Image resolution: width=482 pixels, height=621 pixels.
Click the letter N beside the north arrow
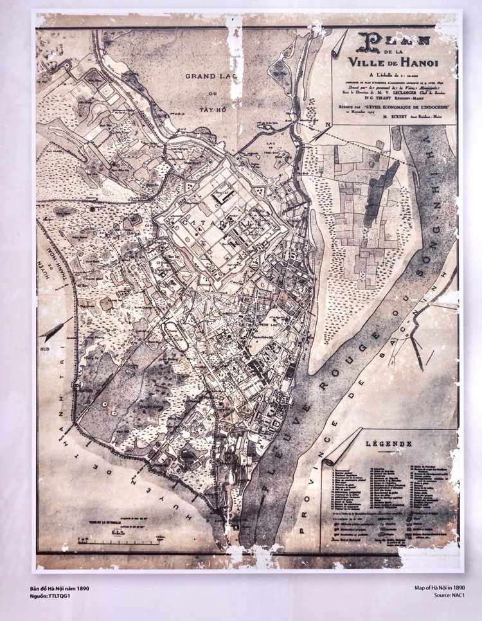coord(328,124)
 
